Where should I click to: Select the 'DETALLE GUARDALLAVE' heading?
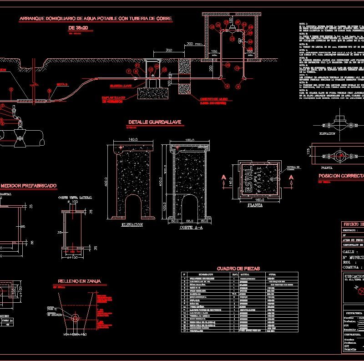(x=155, y=122)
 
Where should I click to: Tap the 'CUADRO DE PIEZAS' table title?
(x=238, y=269)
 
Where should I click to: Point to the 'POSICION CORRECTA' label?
(x=341, y=175)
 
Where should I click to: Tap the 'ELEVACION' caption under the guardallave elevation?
(x=132, y=225)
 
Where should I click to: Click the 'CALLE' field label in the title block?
(x=348, y=251)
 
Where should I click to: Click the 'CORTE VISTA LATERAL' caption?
(x=75, y=198)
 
